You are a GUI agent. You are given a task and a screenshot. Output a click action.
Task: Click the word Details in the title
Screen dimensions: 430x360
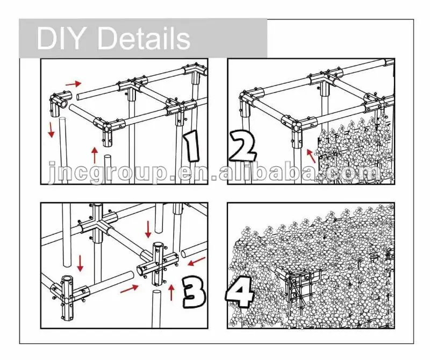[144, 38]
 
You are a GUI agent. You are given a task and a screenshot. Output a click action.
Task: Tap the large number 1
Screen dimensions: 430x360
[192, 145]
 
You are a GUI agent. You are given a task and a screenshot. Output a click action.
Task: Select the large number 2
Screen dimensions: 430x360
[242, 145]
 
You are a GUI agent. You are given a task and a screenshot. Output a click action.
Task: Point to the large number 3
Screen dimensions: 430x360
[193, 292]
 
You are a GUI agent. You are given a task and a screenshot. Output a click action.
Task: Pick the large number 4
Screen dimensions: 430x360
[239, 291]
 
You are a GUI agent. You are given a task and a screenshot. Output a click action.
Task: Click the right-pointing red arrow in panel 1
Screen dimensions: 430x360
[74, 83]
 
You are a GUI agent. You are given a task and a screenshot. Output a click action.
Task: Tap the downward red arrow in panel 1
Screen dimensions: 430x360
[51, 130]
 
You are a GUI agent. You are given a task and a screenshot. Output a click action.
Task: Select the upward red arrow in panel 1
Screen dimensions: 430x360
[95, 155]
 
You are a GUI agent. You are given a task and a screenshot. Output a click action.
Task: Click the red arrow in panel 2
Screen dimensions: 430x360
[311, 156]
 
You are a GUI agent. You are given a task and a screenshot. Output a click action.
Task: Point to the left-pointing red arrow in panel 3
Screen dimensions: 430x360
[197, 262]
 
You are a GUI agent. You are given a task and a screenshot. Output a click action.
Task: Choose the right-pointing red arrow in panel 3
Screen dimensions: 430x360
[130, 288]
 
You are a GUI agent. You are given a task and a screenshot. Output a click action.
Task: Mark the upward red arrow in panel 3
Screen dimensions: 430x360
[171, 292]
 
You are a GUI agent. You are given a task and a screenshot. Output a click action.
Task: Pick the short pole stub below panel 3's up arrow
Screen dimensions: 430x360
[156, 309]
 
